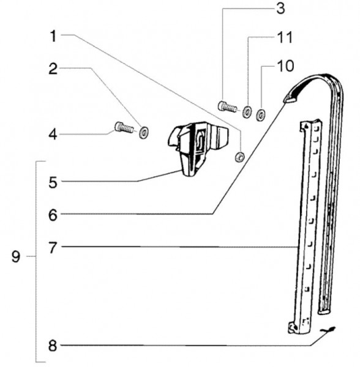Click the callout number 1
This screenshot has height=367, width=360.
(x=54, y=36)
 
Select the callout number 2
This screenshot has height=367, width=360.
(x=53, y=69)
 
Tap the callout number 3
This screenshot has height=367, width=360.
(x=280, y=9)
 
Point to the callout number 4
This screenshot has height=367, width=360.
(x=53, y=135)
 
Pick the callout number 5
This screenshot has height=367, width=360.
(x=53, y=182)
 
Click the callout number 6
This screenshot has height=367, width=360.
(x=53, y=215)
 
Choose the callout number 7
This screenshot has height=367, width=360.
(x=53, y=248)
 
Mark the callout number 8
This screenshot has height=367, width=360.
(x=53, y=346)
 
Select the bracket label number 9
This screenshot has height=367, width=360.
(x=16, y=257)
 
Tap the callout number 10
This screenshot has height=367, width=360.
(x=285, y=66)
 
